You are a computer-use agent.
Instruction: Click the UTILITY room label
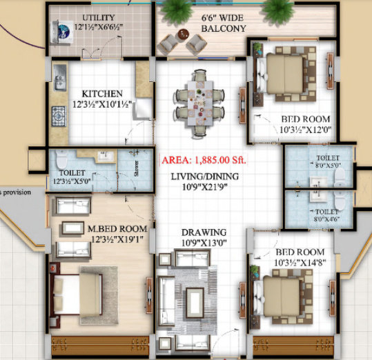click(98, 17)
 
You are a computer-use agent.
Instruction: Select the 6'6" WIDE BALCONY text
click(224, 23)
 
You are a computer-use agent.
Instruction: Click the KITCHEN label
click(102, 93)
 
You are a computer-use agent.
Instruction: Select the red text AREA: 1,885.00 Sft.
click(205, 160)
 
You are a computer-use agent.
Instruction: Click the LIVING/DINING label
click(205, 177)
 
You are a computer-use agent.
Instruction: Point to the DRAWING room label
click(205, 233)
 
